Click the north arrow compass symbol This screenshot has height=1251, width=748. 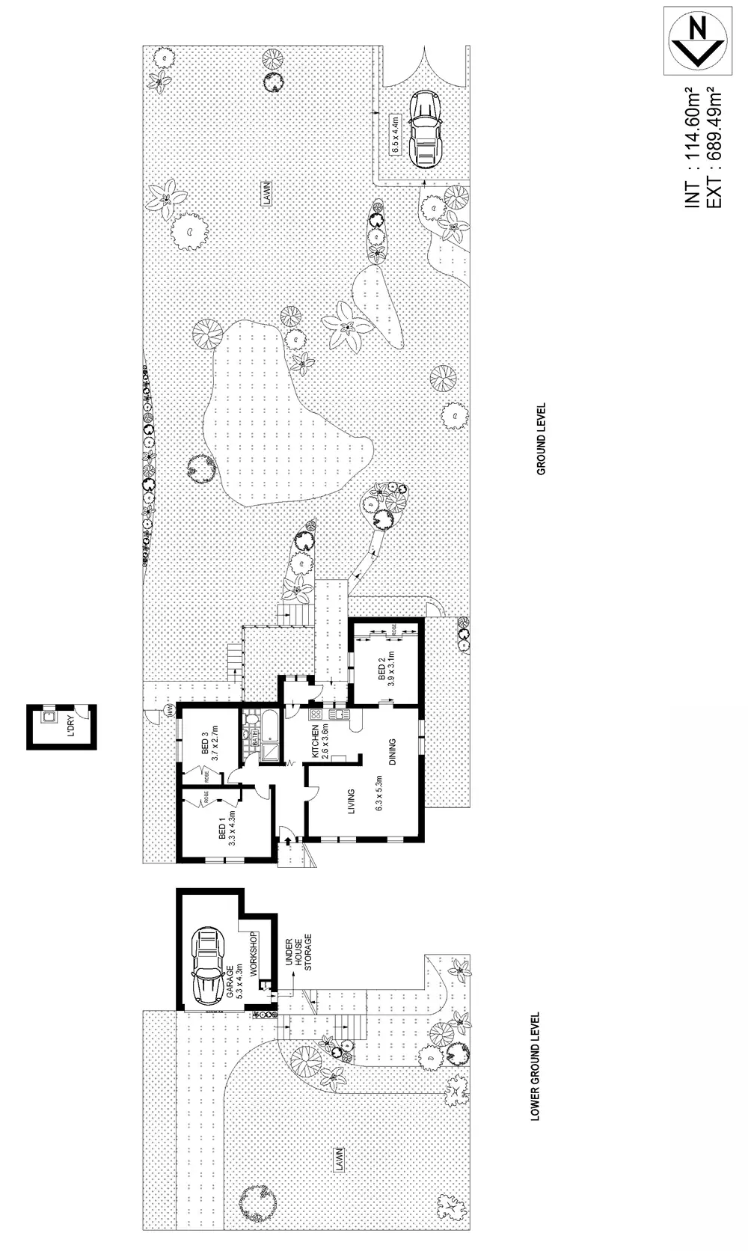coord(698,40)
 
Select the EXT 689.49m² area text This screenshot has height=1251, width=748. coord(713,147)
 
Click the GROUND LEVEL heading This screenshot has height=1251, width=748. coord(541,439)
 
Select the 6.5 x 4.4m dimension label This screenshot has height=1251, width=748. coord(396,133)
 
